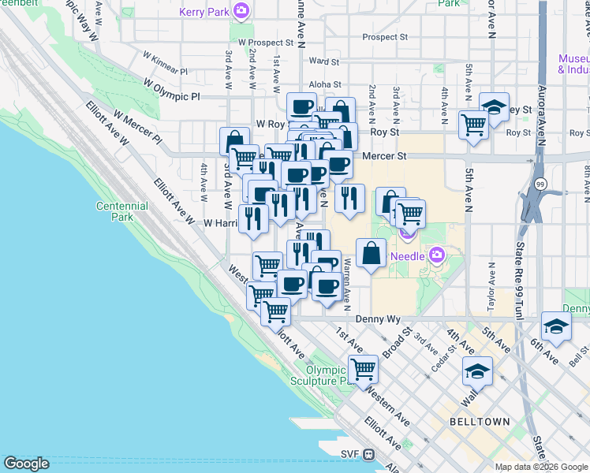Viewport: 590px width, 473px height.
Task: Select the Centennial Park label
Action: pyautogui.click(x=121, y=211)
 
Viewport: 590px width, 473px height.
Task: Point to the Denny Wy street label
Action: pyautogui.click(x=379, y=319)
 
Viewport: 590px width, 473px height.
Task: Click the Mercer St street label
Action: pyautogui.click(x=384, y=156)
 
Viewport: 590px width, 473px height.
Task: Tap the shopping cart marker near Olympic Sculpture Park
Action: pyautogui.click(x=363, y=368)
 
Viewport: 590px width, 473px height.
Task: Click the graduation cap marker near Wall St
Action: pyautogui.click(x=477, y=371)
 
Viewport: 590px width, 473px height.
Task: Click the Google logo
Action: pyautogui.click(x=26, y=464)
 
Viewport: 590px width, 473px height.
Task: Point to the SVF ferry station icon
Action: pyautogui.click(x=368, y=454)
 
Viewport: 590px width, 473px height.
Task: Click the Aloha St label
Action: pyautogui.click(x=325, y=84)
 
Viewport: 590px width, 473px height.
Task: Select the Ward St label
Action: pyautogui.click(x=324, y=61)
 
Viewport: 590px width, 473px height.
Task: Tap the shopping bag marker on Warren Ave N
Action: pyautogui.click(x=371, y=253)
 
